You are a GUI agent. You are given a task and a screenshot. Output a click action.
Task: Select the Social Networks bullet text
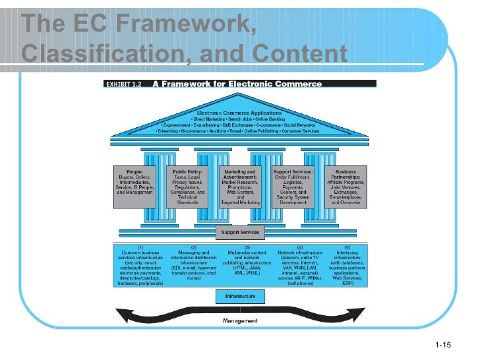299,124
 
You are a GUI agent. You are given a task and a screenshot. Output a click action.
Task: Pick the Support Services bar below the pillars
239,232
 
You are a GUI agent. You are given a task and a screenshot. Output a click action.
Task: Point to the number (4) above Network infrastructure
299,247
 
